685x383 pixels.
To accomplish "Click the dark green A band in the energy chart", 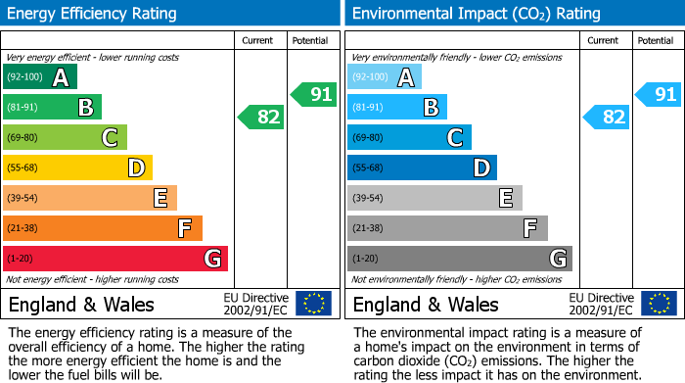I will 40,77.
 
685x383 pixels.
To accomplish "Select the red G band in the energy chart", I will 115,259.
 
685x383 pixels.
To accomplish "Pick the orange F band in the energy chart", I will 103,229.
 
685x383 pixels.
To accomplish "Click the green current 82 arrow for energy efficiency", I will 262,118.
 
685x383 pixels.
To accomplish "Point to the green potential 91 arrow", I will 314,95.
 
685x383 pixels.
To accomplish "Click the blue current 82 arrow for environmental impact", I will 607,118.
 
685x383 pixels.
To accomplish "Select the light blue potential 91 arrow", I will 659,95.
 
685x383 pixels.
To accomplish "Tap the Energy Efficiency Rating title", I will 93,14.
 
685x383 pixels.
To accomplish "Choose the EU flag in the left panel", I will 313,304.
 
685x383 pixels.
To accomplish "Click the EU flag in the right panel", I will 659,304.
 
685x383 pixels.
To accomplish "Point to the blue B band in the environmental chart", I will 397,108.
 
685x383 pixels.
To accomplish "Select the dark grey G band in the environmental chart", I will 460,259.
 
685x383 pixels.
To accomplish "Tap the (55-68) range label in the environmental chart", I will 369,168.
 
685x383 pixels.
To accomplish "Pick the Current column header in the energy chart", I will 258,40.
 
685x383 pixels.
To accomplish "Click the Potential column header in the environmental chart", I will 655,40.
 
